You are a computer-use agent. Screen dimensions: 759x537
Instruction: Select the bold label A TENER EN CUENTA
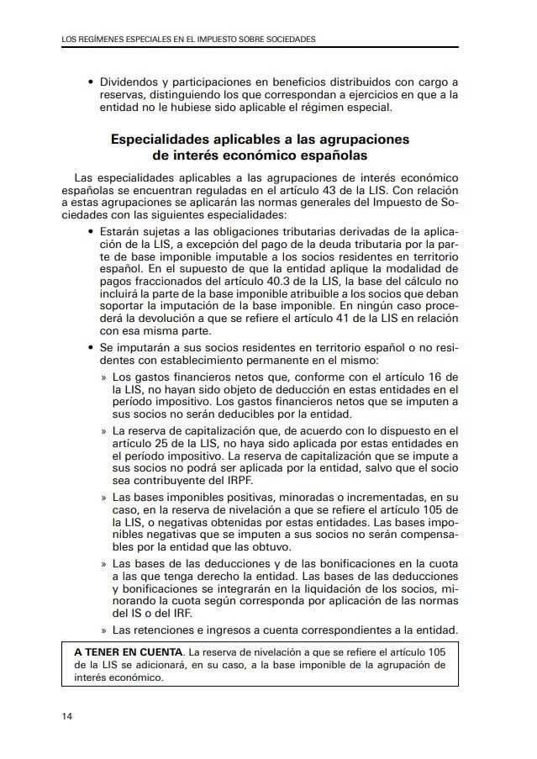coord(128,651)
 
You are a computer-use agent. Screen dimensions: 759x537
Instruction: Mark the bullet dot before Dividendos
coord(90,83)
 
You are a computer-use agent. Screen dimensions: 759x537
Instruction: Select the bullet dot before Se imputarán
coord(90,346)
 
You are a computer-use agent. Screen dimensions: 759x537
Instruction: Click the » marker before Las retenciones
coord(103,630)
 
